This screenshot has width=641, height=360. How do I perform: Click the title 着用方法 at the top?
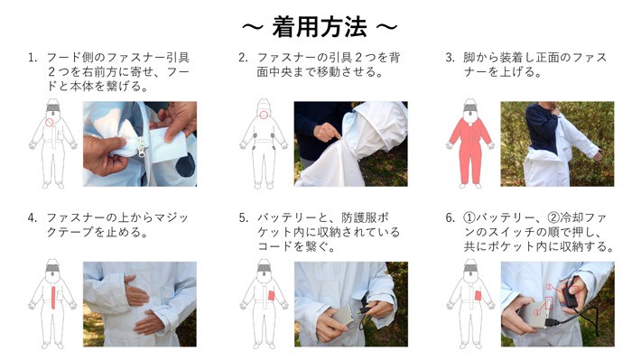tap(320, 26)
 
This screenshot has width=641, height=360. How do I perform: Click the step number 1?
tap(32, 58)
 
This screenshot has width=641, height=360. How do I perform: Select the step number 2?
tap(243, 58)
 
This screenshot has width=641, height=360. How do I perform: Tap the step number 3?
tap(450, 58)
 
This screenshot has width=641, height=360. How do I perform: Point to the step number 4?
tap(32, 217)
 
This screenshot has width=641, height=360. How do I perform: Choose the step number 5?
tap(243, 217)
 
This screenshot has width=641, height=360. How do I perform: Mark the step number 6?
tap(451, 217)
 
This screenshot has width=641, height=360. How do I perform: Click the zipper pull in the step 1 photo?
tap(143, 148)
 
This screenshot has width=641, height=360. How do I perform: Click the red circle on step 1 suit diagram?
tap(49, 122)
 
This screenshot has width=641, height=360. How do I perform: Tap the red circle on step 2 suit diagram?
tap(264, 115)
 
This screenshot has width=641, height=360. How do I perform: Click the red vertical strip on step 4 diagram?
tap(52, 297)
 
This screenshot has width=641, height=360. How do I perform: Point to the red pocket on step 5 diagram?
tap(271, 295)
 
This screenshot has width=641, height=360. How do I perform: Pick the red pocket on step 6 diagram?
tap(478, 295)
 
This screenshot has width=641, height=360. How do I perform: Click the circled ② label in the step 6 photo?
tap(550, 287)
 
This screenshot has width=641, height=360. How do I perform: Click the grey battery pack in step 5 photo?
tap(342, 315)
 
